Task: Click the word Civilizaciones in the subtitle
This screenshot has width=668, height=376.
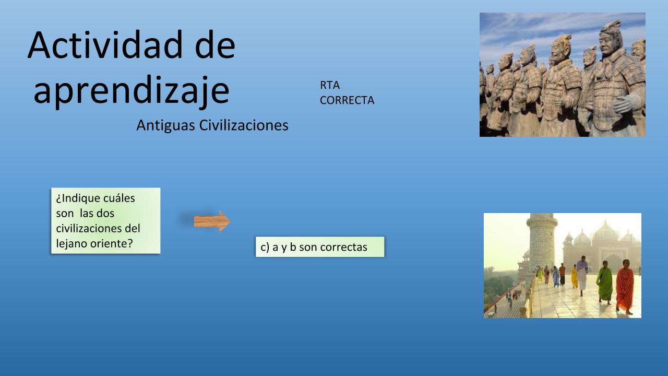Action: (244, 125)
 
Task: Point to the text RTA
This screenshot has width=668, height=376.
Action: (330, 85)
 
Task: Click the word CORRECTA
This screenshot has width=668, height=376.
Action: (347, 100)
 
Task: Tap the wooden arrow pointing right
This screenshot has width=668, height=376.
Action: (212, 221)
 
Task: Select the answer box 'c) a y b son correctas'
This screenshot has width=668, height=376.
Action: (320, 247)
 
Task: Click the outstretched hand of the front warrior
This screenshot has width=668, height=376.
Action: (627, 103)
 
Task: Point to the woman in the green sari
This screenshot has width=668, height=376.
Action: (604, 283)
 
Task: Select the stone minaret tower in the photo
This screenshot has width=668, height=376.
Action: (542, 242)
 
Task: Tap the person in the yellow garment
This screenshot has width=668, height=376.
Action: (574, 276)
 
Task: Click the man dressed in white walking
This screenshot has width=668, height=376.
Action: (582, 275)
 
